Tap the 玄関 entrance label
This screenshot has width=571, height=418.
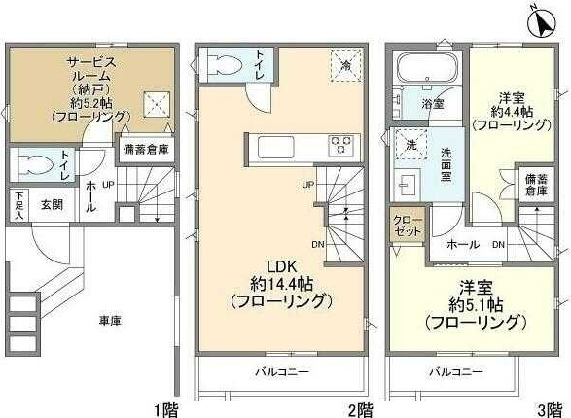[52, 204]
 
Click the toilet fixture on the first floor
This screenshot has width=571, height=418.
[33, 162]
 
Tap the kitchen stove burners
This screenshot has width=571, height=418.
[340, 146]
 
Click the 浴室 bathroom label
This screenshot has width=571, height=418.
[434, 101]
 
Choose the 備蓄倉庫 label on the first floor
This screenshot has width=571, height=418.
[146, 150]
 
